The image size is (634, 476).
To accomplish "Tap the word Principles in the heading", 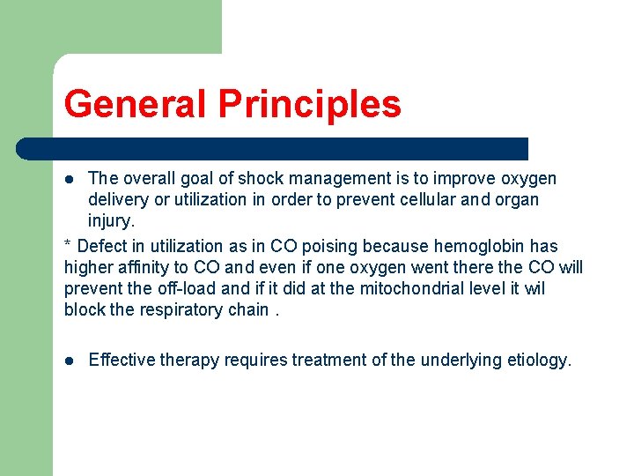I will pyautogui.click(x=309, y=104).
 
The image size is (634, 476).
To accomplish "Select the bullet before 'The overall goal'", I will pyautogui.click(x=70, y=178).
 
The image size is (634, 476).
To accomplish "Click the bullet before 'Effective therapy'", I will pyautogui.click(x=70, y=361).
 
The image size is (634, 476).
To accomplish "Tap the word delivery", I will pyautogui.click(x=119, y=199).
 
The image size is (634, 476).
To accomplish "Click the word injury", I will pyautogui.click(x=111, y=220).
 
